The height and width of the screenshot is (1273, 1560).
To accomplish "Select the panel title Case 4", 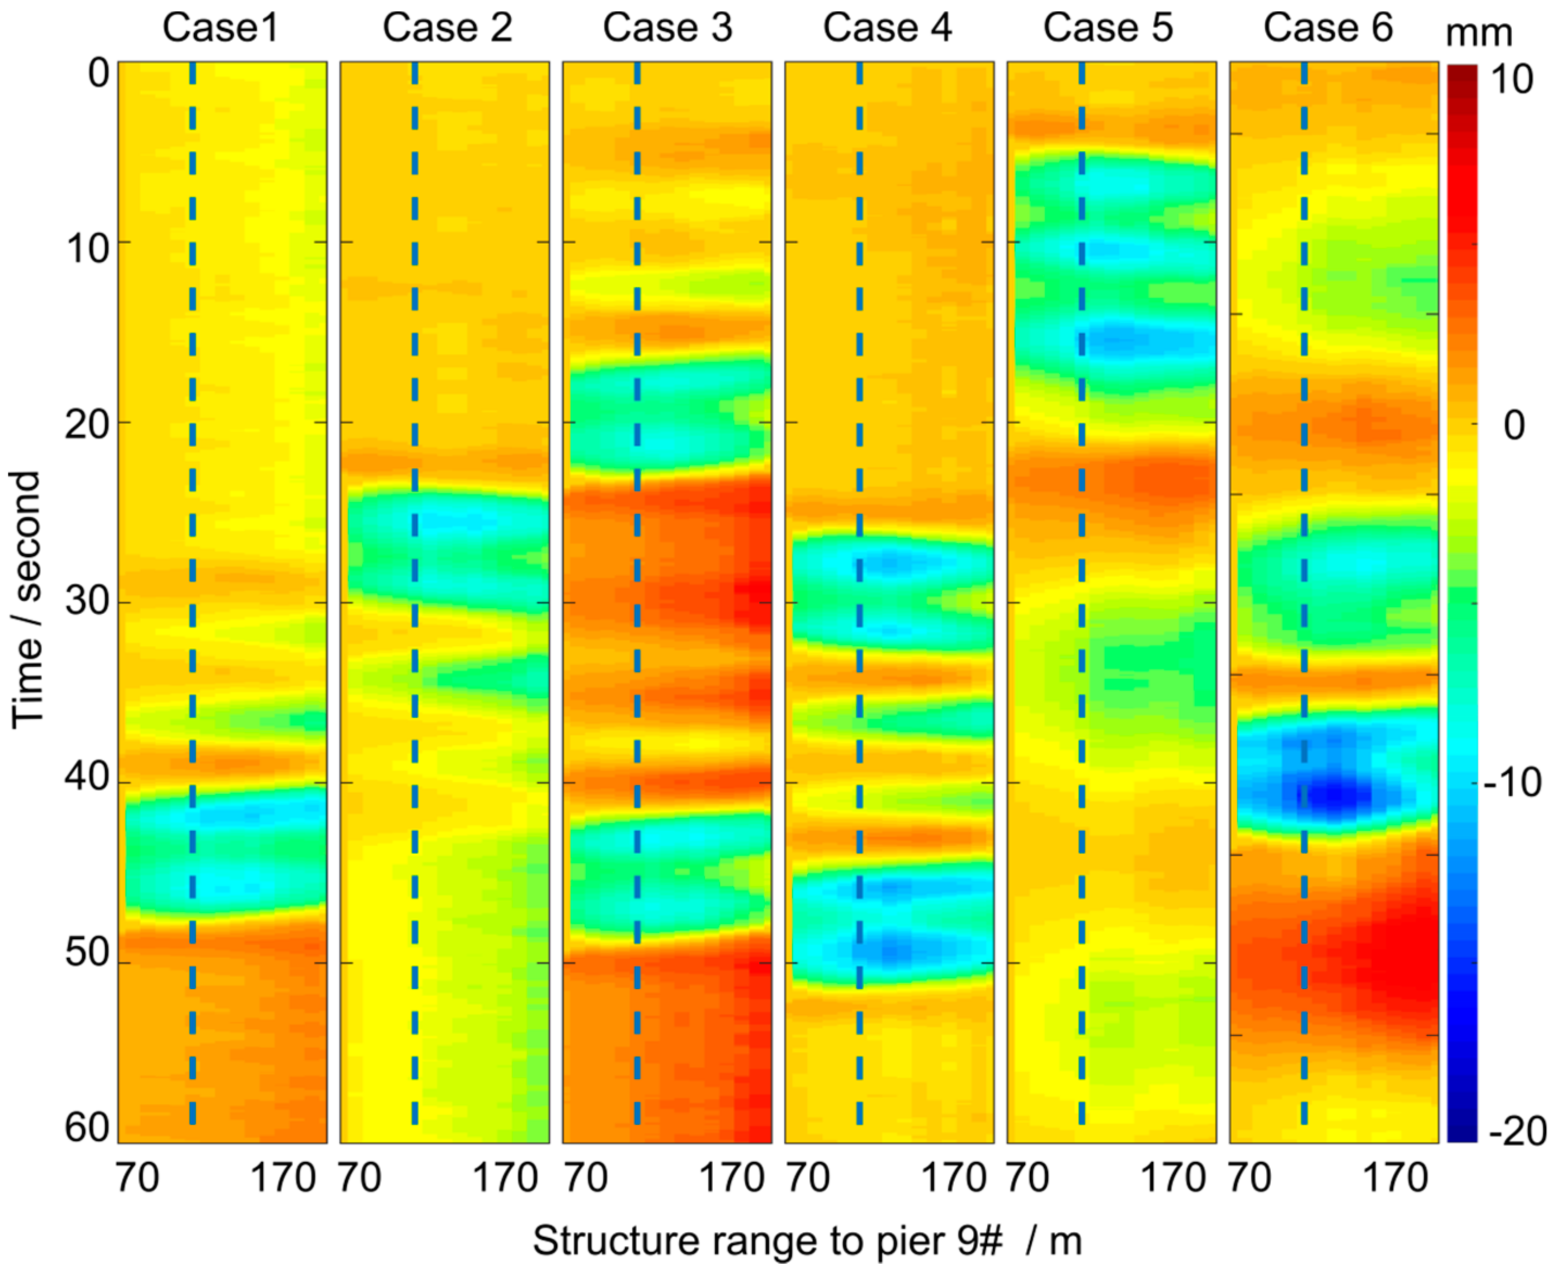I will pos(887,29).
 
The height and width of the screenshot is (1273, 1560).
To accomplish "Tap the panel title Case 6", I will pos(1328,29).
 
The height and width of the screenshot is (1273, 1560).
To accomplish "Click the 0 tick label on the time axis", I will pos(99,74).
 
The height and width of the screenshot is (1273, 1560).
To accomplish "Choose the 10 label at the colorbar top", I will pos(1512,79).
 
